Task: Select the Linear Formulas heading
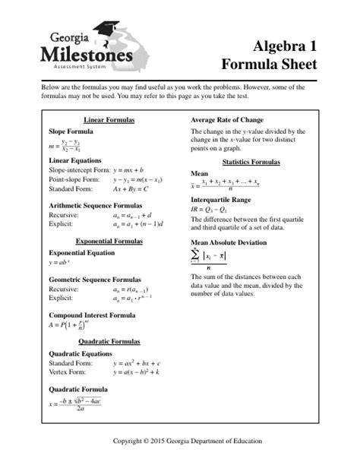[x=109, y=120]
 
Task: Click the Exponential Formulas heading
[x=109, y=241]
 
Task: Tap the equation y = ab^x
[x=58, y=262]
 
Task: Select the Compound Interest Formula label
[x=92, y=315]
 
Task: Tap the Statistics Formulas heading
[x=251, y=163]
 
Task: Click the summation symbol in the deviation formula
[x=196, y=258]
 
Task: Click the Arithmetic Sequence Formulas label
[x=95, y=205]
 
